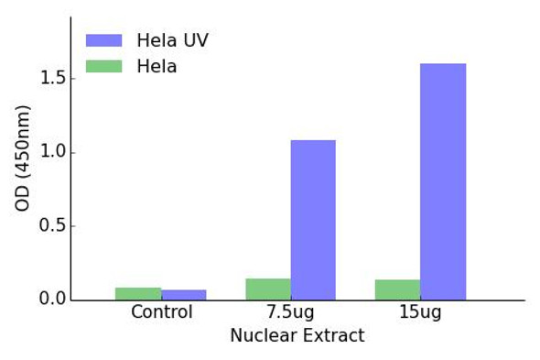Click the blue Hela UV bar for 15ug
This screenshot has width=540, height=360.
pos(443,181)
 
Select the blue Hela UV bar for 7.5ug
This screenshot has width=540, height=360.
pos(313,220)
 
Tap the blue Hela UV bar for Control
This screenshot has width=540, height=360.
pos(184,295)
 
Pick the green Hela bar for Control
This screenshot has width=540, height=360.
pos(138,294)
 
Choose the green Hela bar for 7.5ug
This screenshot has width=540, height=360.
pos(268,289)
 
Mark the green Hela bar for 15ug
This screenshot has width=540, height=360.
pos(397,289)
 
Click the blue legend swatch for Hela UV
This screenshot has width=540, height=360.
pos(103,40)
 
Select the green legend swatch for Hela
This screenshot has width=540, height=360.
pos(103,67)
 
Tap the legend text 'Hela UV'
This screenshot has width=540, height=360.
pos(172,40)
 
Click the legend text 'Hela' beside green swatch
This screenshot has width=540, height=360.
pos(157,67)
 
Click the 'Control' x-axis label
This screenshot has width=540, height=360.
pos(161,312)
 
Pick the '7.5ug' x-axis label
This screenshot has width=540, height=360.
pos(291,312)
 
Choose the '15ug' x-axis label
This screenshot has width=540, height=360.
pos(420,312)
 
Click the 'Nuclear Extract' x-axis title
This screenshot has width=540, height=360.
pos(297,336)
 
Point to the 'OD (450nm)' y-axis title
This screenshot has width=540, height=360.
pos(23,158)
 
